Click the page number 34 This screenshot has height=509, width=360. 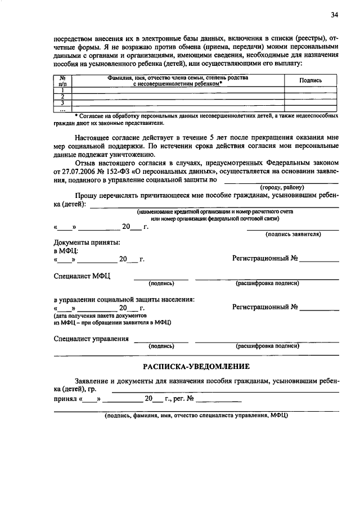click(335, 15)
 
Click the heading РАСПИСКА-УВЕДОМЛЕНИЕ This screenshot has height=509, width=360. click(196, 366)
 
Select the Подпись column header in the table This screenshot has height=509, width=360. click(310, 80)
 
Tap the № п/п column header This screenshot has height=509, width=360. click(64, 80)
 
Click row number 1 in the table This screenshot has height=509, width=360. click(64, 90)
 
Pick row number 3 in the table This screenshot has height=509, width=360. click(64, 103)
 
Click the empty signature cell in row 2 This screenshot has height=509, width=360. click(310, 96)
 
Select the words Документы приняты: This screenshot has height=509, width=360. click(87, 242)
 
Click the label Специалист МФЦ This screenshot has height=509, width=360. click(83, 276)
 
